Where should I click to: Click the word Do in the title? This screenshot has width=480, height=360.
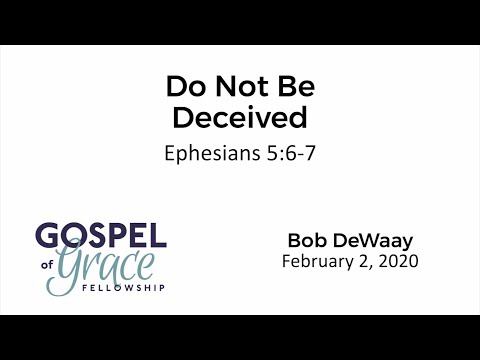(182, 88)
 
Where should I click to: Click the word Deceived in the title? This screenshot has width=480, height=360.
(239, 117)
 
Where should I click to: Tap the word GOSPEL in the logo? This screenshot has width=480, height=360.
(100, 237)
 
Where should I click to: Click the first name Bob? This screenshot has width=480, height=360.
(307, 241)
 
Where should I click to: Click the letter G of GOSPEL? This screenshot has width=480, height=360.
(46, 237)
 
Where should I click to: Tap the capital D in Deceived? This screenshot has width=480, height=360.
(182, 117)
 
